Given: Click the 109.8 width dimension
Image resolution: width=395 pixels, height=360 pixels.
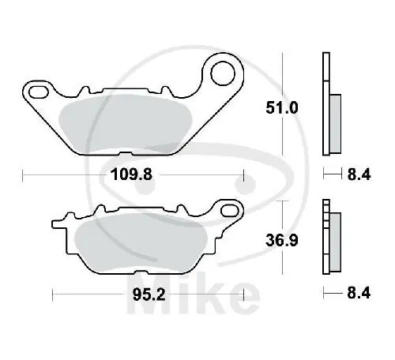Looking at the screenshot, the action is pyautogui.click(x=132, y=174).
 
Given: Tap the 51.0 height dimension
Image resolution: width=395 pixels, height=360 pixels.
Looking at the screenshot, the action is pyautogui.click(x=282, y=108).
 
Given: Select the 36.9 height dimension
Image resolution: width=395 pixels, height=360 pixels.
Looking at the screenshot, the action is pyautogui.click(x=282, y=240).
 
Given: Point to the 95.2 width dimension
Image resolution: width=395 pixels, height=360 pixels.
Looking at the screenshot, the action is pyautogui.click(x=149, y=294).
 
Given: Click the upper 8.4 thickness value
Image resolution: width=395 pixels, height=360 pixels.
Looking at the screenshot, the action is pyautogui.click(x=359, y=174).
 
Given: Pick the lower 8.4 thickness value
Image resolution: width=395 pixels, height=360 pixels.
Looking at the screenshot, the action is pyautogui.click(x=359, y=293).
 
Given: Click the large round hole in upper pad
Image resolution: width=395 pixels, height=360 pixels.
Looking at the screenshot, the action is pyautogui.click(x=223, y=73).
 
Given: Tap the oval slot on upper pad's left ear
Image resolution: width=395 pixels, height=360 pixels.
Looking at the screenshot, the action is pyautogui.click(x=39, y=92).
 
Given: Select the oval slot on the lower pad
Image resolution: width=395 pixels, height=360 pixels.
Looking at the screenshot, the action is pyautogui.click(x=229, y=211).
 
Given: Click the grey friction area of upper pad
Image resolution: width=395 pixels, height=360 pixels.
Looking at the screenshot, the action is pyautogui.click(x=125, y=124).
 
